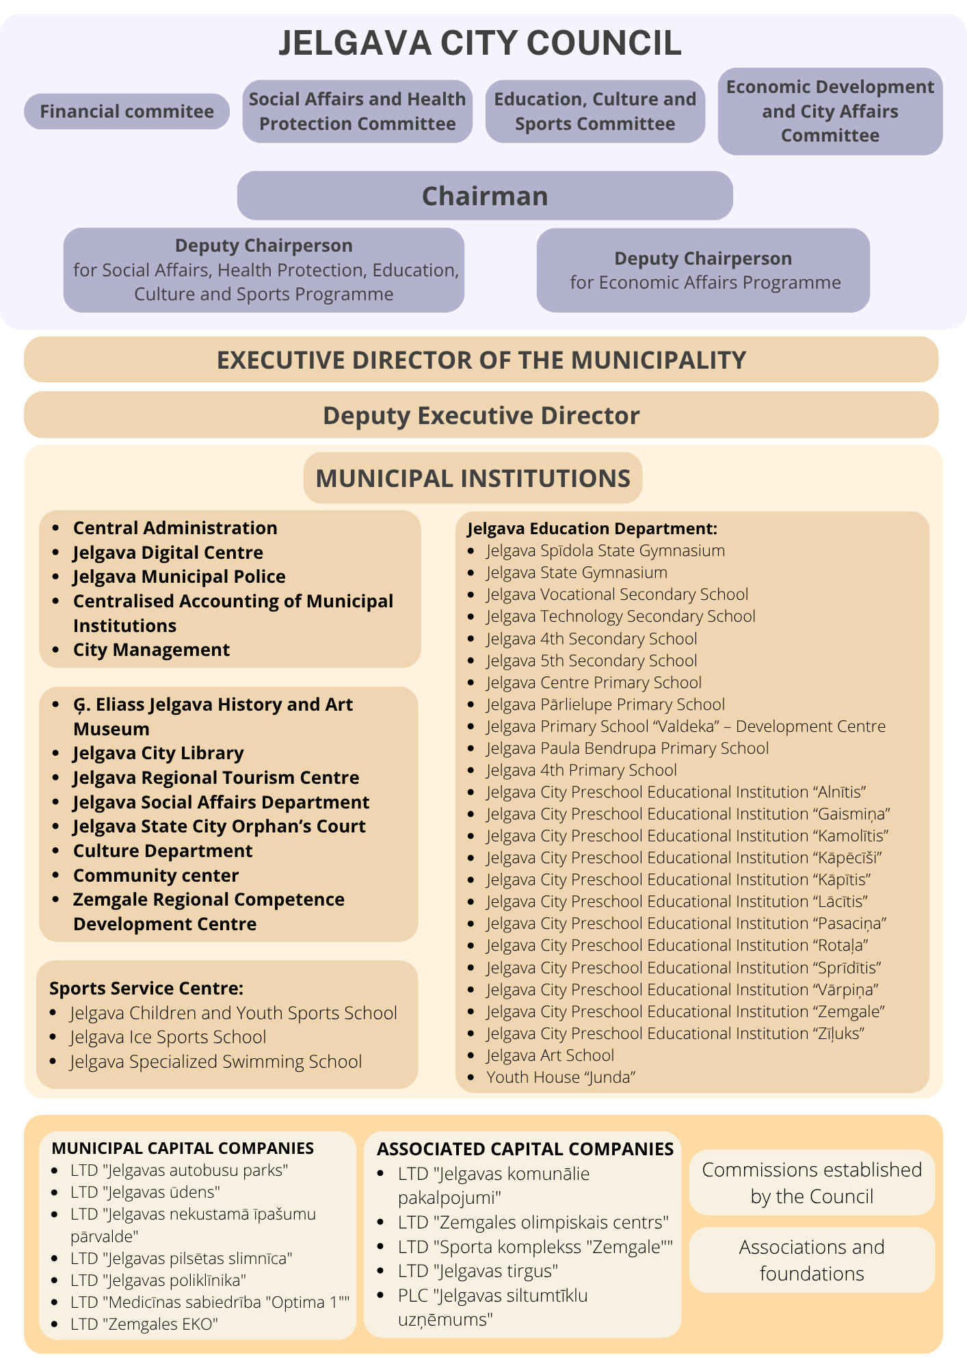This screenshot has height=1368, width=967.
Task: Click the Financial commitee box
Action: (127, 111)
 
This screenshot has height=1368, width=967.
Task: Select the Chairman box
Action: (485, 196)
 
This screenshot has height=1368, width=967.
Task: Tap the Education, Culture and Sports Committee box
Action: (595, 111)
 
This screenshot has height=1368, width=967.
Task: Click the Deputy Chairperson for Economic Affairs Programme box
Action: (703, 270)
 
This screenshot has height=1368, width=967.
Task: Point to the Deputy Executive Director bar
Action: (481, 415)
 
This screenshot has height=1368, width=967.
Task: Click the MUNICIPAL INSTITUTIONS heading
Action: (473, 478)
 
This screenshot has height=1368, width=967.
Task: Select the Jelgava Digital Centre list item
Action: (168, 553)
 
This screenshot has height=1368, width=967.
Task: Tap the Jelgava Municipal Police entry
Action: (179, 577)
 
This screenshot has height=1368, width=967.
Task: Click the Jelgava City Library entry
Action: (158, 753)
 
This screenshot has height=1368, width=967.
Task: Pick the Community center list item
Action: (156, 876)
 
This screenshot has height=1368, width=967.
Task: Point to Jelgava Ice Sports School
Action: (168, 1037)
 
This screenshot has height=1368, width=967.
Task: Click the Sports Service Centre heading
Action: (146, 988)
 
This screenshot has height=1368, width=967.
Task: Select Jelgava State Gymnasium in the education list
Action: (577, 573)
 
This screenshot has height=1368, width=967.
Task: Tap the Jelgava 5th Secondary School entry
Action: (592, 661)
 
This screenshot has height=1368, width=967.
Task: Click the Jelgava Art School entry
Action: (550, 1055)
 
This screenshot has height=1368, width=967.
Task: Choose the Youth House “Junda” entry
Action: (561, 1077)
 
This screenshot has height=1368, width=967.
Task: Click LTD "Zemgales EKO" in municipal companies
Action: (144, 1324)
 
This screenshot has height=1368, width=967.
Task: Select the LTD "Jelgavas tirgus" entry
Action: (477, 1271)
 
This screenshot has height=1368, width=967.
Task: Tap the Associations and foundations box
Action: (812, 1260)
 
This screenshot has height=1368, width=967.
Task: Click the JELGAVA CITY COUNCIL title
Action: (480, 42)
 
